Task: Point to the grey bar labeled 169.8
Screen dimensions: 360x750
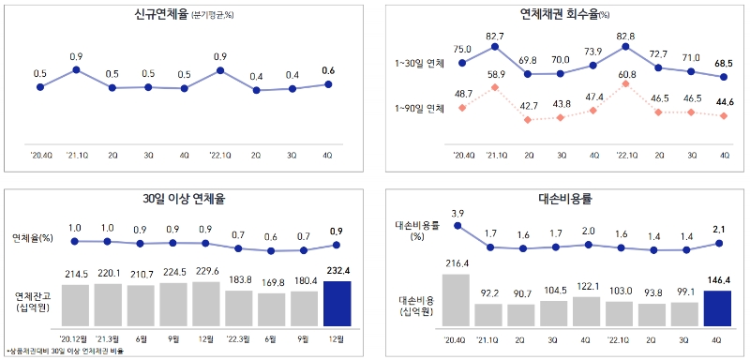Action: pyautogui.click(x=271, y=307)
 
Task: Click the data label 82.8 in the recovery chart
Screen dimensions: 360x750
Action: pyautogui.click(x=626, y=35)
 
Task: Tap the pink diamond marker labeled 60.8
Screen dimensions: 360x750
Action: pyautogui.click(x=626, y=83)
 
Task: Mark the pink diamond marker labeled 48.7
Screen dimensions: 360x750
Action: pyautogui.click(x=462, y=108)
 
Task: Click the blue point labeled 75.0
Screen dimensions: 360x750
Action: pyautogui.click(x=462, y=63)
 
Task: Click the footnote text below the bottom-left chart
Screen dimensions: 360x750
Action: pyautogui.click(x=66, y=352)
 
